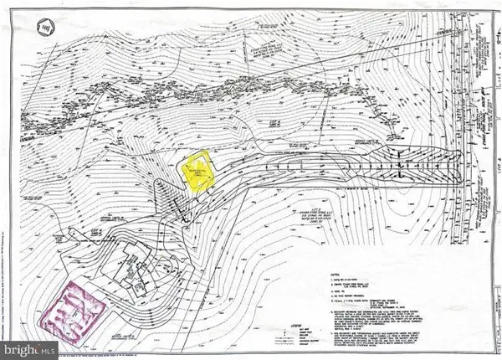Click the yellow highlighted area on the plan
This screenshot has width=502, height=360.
tap(198, 173)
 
